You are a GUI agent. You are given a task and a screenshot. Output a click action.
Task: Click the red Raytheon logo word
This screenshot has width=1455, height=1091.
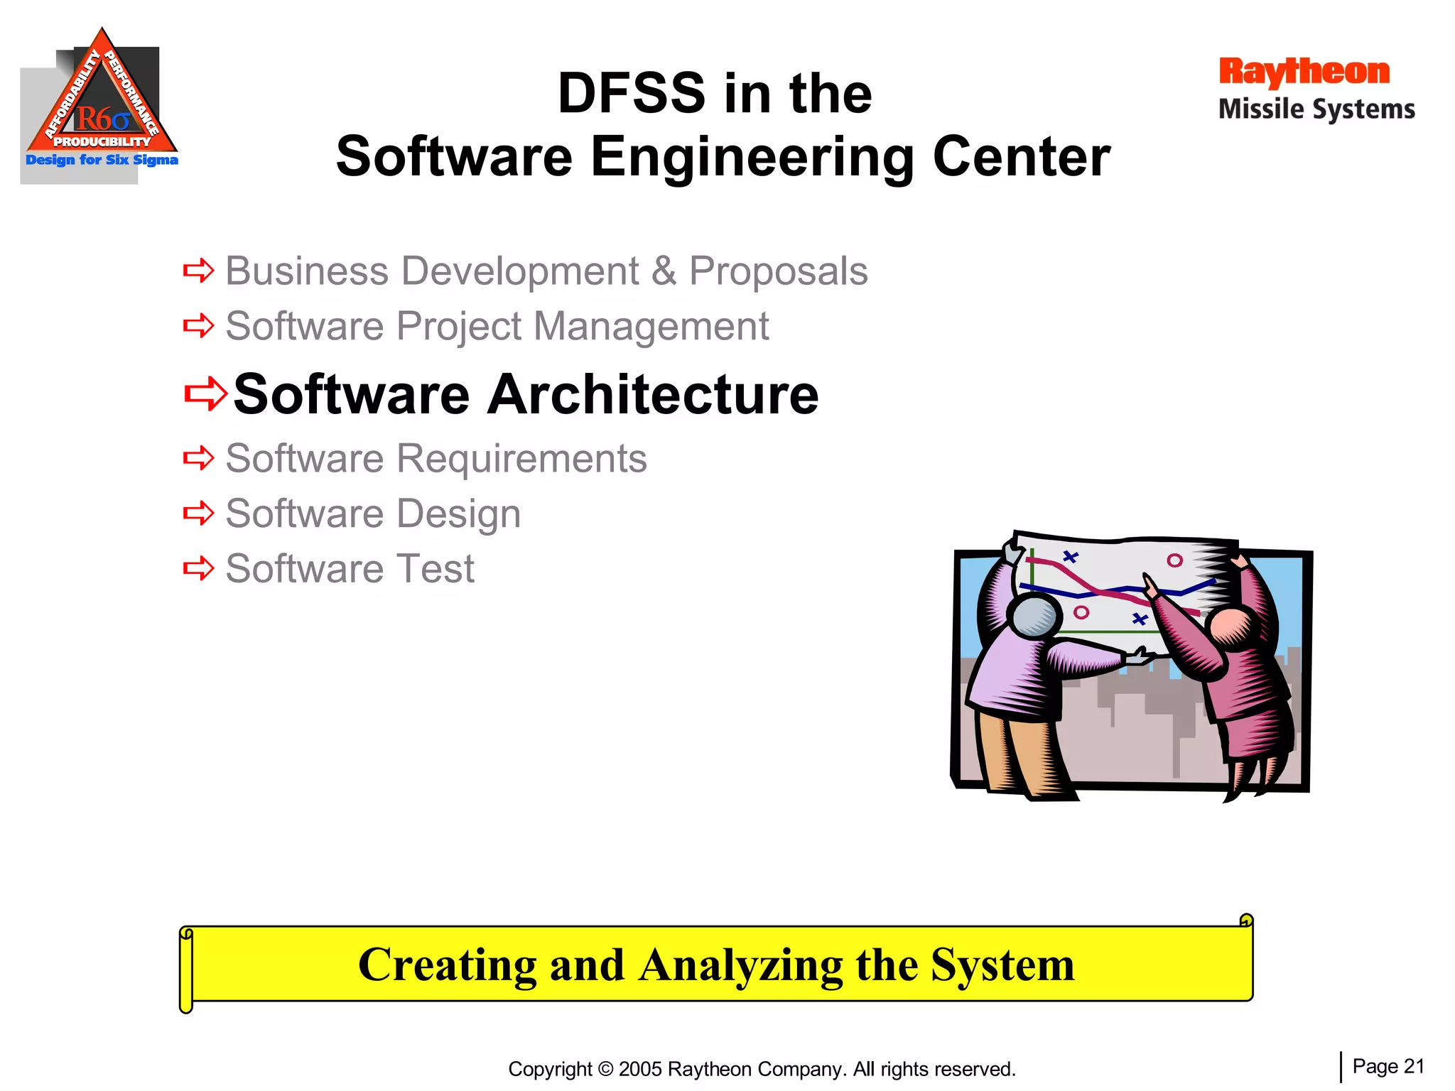[x=1304, y=72]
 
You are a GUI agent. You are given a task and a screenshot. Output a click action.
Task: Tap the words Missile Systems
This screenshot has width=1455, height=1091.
[x=1316, y=109]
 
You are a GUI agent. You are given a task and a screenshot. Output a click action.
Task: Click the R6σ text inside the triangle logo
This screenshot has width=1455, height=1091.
[x=102, y=119]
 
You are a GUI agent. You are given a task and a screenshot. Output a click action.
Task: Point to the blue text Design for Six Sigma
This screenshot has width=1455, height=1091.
[x=102, y=160]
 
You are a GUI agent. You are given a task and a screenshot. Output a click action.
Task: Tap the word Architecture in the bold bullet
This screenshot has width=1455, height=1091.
[x=653, y=394]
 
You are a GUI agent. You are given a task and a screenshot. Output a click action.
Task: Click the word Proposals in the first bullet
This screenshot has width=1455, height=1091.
[x=778, y=271]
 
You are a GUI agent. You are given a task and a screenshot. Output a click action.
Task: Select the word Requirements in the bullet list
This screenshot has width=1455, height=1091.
[x=521, y=458]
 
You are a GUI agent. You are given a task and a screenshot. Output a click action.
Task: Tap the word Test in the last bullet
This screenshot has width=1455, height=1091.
[x=436, y=568]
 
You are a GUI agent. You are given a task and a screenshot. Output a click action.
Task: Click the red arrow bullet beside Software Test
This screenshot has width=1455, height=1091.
[x=198, y=568]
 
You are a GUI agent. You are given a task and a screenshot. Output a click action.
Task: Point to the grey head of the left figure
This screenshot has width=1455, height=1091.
[x=1034, y=615]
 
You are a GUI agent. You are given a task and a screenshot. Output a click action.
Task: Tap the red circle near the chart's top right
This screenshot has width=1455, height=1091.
[x=1174, y=560]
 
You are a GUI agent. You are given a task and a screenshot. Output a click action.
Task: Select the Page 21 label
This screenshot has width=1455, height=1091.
[x=1388, y=1066]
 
